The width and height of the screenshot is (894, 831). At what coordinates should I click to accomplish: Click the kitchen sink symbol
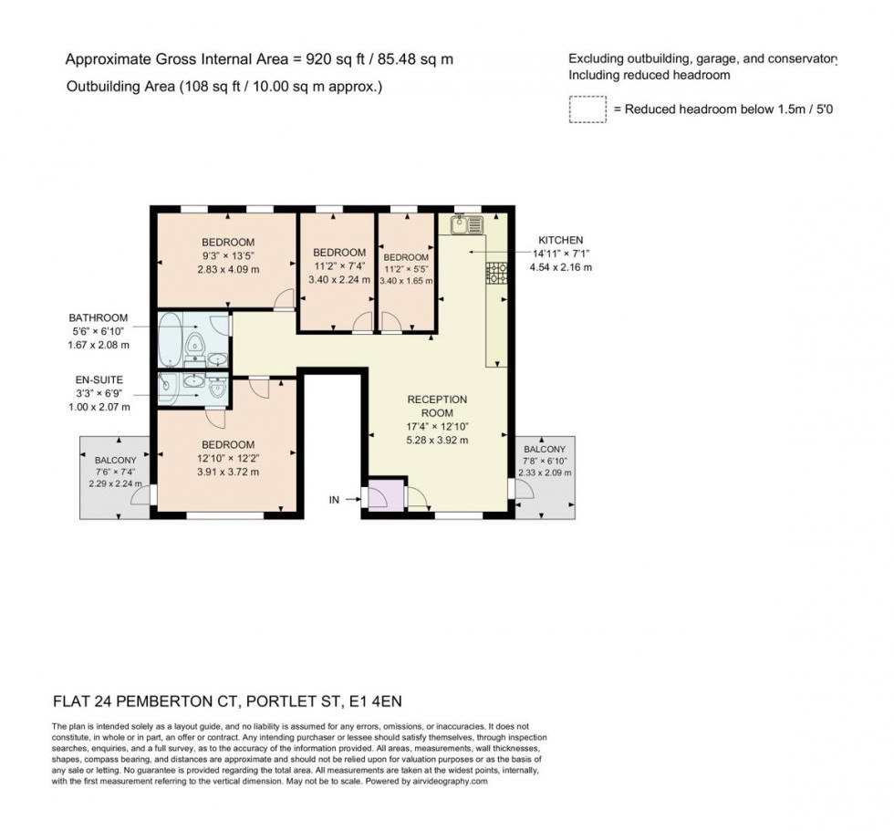pyautogui.click(x=456, y=223)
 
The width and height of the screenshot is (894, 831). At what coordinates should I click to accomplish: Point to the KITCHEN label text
pyautogui.click(x=560, y=240)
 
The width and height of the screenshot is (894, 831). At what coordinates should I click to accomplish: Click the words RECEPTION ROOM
pyautogui.click(x=437, y=406)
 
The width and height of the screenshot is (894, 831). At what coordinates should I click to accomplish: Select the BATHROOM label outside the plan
pyautogui.click(x=99, y=318)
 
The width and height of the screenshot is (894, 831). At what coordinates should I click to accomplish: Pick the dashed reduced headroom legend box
pyautogui.click(x=587, y=109)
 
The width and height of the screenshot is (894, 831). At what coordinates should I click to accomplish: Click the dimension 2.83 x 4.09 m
pyautogui.click(x=227, y=270)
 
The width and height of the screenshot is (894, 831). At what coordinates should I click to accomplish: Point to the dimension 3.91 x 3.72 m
pyautogui.click(x=227, y=473)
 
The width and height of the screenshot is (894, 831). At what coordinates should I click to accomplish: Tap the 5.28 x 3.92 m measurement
pyautogui.click(x=437, y=440)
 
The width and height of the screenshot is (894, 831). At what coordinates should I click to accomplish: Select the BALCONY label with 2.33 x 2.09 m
pyautogui.click(x=545, y=450)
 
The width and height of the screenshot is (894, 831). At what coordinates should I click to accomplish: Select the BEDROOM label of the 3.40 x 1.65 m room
pyautogui.click(x=406, y=257)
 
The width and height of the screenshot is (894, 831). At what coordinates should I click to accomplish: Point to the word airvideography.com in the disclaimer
pyautogui.click(x=447, y=782)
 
